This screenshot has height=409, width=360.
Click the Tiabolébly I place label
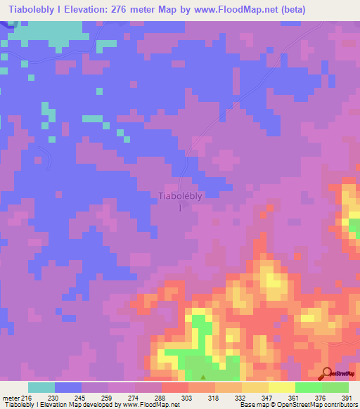point(181,201)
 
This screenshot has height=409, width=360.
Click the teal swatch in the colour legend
point(41,387)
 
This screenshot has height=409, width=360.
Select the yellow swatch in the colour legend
point(281,387)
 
